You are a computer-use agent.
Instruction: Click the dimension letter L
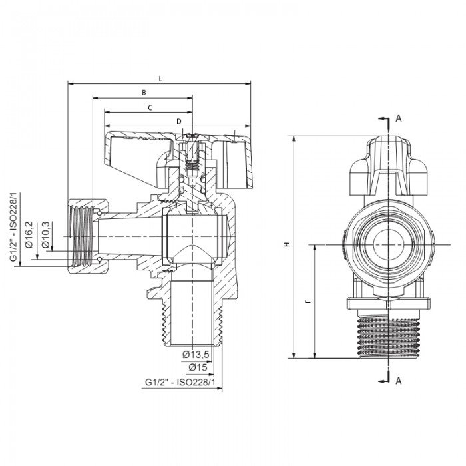coord(160,78)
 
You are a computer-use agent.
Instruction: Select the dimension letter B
coord(144,93)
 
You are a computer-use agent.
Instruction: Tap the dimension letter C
coord(150,107)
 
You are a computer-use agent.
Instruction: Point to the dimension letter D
coord(179,121)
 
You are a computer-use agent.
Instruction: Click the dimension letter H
coord(286,245)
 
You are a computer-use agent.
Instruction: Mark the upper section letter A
coord(399,118)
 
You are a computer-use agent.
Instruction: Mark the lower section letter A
coord(399,381)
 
